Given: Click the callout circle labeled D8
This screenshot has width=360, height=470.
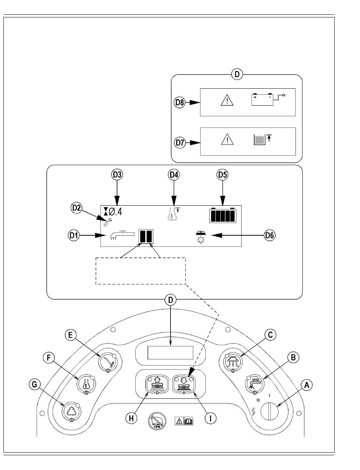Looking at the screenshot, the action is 180,102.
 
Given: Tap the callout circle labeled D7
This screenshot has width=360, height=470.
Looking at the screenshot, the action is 180,143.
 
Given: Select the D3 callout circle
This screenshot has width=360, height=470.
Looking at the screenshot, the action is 117,175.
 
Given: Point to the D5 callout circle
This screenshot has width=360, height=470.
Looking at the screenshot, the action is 222,175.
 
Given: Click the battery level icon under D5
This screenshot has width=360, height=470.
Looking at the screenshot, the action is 223,215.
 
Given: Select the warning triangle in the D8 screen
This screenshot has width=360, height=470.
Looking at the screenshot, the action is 227,100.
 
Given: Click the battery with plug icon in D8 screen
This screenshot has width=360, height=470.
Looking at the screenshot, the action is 268,100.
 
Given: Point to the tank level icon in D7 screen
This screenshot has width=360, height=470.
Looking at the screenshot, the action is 262,139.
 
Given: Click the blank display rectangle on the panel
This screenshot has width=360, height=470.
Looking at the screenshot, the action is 170,353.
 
